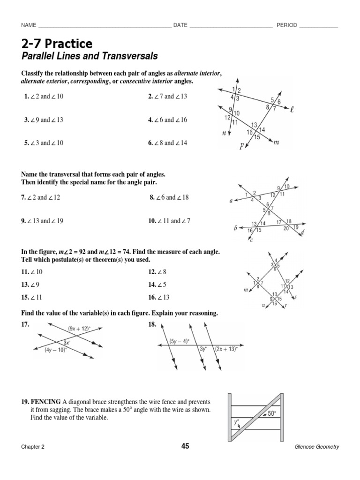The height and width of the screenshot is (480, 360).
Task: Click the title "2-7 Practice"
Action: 57,44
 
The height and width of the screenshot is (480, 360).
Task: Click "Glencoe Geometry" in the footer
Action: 316,447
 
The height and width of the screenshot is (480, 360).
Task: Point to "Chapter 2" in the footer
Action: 33,447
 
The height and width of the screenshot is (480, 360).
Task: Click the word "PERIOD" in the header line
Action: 286,25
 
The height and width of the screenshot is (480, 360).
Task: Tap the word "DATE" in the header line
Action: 180,25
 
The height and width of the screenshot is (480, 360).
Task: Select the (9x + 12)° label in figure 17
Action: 78,329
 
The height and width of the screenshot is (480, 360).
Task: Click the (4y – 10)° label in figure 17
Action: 56,350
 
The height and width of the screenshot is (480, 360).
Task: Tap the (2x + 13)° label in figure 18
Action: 226,349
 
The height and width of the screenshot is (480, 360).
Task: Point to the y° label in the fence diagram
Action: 236,422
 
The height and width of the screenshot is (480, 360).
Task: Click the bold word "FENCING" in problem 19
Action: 46,402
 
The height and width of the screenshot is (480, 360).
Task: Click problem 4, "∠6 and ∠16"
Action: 167,120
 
